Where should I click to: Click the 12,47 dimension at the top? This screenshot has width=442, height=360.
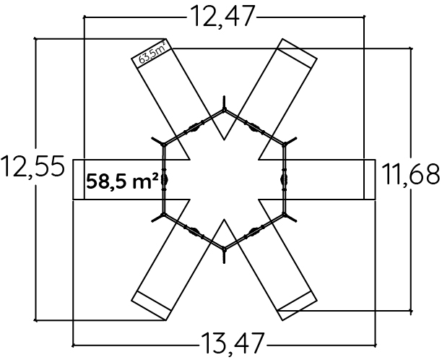(222, 17)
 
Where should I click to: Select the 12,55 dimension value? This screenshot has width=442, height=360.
(33, 167)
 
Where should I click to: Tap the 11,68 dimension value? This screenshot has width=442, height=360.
(410, 174)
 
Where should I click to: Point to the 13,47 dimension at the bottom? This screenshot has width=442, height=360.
(233, 343)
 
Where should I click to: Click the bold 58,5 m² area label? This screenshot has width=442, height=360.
(122, 181)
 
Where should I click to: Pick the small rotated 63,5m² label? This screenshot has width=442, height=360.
(152, 53)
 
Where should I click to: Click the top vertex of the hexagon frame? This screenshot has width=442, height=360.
(224, 110)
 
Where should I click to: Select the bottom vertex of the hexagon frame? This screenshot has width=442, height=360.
(224, 249)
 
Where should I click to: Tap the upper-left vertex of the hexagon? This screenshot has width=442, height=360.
(164, 145)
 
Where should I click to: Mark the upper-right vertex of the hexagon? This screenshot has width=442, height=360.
(285, 145)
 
